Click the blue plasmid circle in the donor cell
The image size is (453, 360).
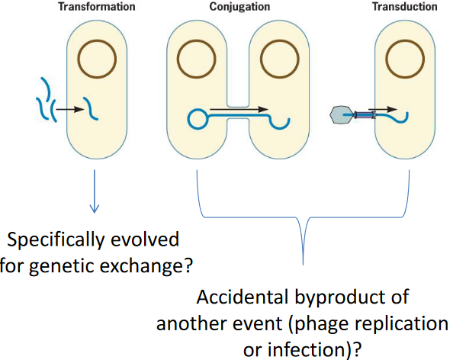point(198,119)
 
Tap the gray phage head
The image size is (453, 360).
point(340,115)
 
